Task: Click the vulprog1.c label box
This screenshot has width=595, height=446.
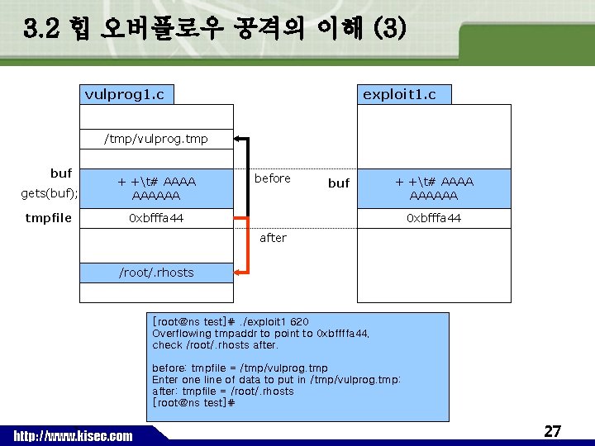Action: [x=126, y=94]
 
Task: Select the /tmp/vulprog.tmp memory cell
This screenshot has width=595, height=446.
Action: [x=156, y=139]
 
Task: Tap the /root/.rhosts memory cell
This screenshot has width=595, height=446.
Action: [x=156, y=273]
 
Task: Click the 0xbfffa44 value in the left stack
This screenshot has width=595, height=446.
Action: [x=156, y=218]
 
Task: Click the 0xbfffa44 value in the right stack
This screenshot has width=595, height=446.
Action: [x=434, y=218]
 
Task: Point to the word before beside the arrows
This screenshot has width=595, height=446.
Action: [x=273, y=178]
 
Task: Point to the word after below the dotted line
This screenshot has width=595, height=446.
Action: [x=273, y=238]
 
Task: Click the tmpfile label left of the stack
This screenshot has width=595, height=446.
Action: [x=48, y=218]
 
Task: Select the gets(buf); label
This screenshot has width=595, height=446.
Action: [x=49, y=193]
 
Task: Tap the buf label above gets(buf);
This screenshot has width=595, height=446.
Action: [x=61, y=173]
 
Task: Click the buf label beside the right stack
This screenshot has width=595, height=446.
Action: [x=339, y=183]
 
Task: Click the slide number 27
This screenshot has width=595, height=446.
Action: [x=552, y=431]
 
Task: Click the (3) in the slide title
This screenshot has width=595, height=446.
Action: [x=389, y=30]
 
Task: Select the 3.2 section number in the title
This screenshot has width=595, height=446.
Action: [x=41, y=30]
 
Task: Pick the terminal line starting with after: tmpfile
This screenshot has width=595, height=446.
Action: [x=223, y=391]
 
